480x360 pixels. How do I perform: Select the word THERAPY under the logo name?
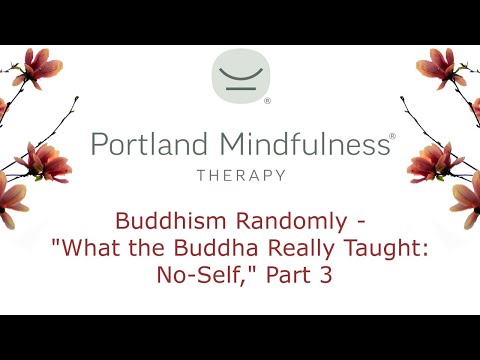click(241, 175)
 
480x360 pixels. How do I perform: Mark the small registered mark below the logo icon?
click(267, 101)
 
